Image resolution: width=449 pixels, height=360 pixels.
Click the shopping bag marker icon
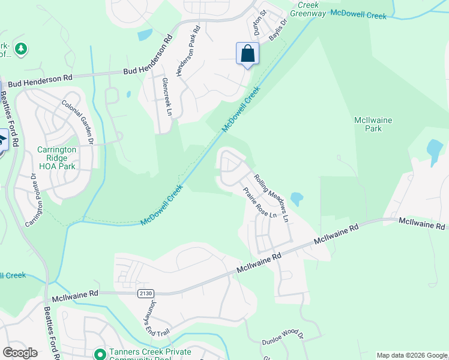click(x=247, y=54)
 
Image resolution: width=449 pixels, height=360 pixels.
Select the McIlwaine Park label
click(x=378, y=124)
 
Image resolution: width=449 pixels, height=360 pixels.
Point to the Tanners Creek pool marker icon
click(x=100, y=354)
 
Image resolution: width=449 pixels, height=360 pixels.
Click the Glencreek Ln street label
click(x=166, y=97)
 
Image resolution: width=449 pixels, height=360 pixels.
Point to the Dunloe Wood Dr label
click(x=283, y=340)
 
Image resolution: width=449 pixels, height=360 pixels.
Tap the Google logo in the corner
click(x=20, y=353)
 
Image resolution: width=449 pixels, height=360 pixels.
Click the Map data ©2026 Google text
click(x=412, y=355)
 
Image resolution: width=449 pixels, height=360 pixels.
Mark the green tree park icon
click(x=21, y=49)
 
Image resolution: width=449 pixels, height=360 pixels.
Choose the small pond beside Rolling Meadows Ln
click(x=296, y=198)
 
